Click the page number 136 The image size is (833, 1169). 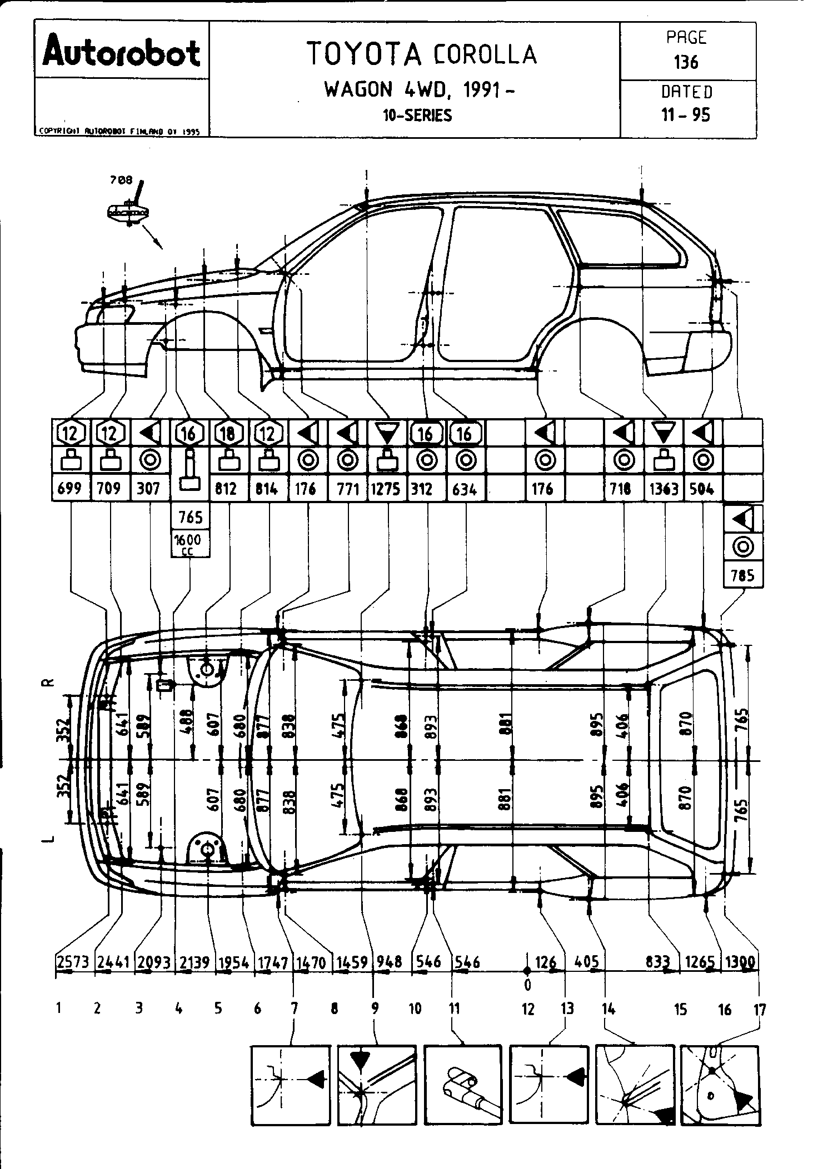point(687,62)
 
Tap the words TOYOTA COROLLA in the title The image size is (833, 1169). point(422,54)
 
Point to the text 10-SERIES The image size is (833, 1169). point(417,116)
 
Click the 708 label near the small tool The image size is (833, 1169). point(121,179)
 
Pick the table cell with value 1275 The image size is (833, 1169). point(387,489)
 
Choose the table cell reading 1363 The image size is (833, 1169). point(664,489)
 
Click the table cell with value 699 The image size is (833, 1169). point(69,489)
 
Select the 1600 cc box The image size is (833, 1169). point(190,544)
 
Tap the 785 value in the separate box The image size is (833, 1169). point(743,575)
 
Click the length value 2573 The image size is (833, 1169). point(72,962)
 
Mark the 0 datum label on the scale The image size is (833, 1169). point(527,985)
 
